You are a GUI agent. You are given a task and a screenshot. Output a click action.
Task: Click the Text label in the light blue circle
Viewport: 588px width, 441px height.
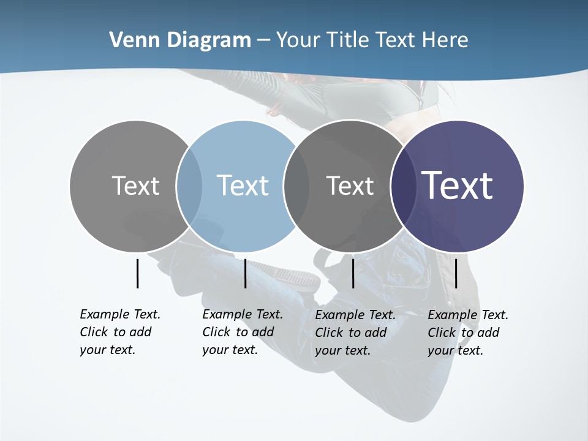(243, 186)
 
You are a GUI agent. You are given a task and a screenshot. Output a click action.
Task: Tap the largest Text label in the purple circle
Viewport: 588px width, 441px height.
(457, 186)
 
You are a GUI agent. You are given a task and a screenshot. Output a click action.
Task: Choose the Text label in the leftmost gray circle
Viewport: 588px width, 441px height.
(135, 186)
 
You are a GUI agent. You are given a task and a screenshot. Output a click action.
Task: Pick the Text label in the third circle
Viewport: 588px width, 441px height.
(350, 186)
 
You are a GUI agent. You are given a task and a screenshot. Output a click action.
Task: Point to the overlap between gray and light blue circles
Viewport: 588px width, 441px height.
(189, 186)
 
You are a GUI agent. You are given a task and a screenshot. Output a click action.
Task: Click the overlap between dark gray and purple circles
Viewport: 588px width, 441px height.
(401, 186)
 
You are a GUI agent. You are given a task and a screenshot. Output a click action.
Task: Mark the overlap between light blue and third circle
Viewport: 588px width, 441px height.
(296, 186)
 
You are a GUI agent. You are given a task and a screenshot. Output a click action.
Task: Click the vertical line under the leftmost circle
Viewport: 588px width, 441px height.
(137, 273)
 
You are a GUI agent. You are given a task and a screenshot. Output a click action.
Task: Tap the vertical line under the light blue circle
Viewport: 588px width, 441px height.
(245, 273)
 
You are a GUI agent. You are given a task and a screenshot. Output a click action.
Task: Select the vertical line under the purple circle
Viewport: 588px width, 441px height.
(456, 273)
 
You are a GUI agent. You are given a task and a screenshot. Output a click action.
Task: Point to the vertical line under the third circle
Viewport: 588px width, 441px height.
(353, 273)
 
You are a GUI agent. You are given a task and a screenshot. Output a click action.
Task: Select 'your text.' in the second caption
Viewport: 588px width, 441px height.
(230, 350)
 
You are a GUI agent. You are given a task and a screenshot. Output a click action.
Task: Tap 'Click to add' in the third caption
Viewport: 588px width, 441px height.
(350, 333)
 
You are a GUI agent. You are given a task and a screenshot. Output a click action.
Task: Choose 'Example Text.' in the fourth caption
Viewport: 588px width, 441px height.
(468, 315)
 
